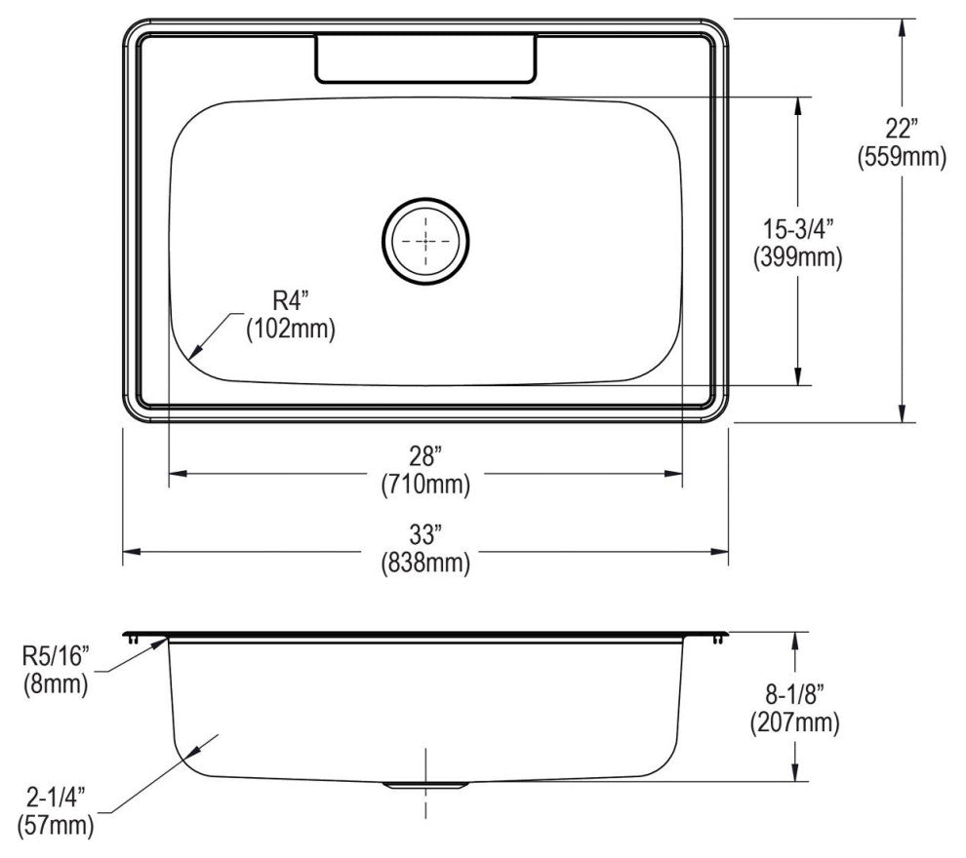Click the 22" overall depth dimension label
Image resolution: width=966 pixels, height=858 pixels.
(903, 128)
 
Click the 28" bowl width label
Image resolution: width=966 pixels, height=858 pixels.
(425, 454)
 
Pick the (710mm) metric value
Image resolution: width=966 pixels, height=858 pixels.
(425, 483)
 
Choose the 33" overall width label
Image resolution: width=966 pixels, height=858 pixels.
(425, 534)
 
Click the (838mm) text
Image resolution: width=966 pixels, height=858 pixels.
(425, 563)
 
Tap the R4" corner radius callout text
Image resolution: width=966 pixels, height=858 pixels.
(290, 301)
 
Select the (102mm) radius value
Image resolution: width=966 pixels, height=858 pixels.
(290, 330)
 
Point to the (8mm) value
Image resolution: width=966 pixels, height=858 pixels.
(57, 684)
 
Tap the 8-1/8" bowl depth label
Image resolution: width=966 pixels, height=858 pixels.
(794, 694)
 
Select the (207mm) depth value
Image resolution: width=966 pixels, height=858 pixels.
(794, 722)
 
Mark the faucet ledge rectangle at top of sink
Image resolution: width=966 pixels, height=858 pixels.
(424, 58)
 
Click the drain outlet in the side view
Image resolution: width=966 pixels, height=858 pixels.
(424, 783)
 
